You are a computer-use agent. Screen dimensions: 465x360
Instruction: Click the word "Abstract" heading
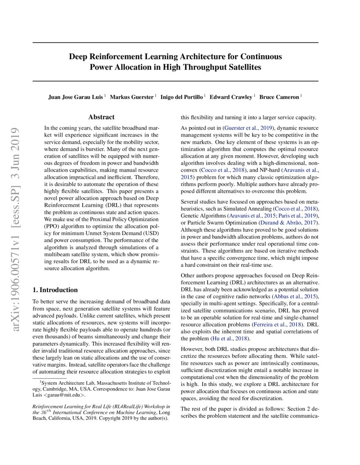point(101,117)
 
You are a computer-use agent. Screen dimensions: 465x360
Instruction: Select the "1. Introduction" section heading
point(55,290)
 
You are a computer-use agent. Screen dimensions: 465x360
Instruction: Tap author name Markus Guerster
point(132,97)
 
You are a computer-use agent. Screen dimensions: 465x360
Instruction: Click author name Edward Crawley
point(231,97)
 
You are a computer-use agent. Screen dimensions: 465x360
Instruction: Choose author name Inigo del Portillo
point(182,97)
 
